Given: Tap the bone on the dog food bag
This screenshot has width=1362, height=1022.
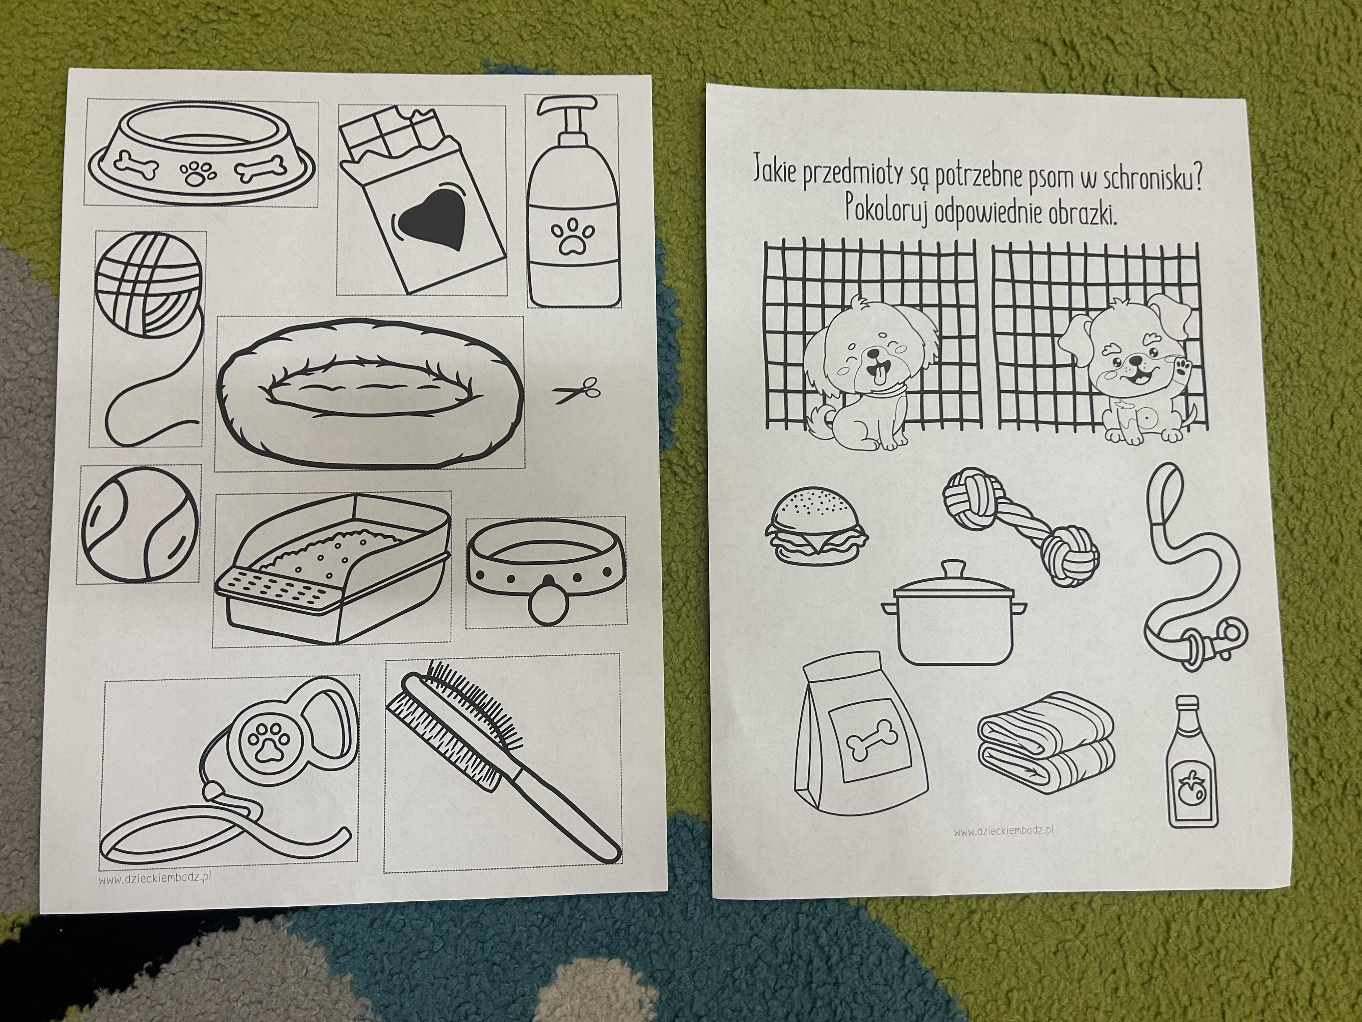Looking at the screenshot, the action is coord(867,747).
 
